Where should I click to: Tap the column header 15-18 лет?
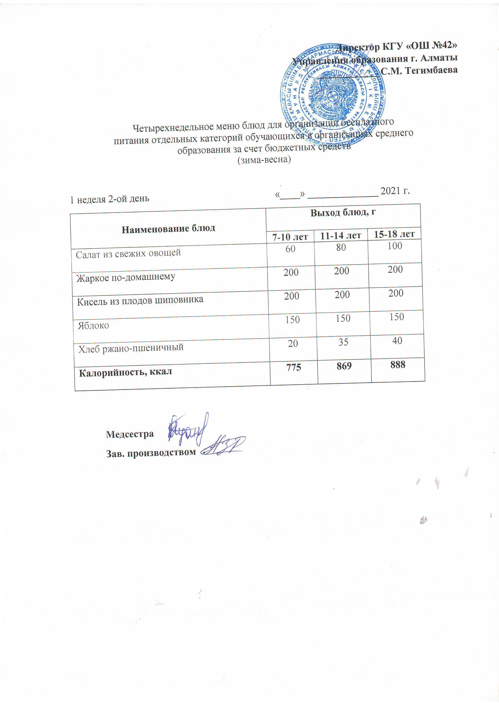pos(394,234)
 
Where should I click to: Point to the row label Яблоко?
pos(94,325)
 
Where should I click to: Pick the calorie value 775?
pos(294,367)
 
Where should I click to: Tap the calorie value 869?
pos(344,366)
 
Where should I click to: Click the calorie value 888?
pos(398,365)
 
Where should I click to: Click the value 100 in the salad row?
pos(395,246)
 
